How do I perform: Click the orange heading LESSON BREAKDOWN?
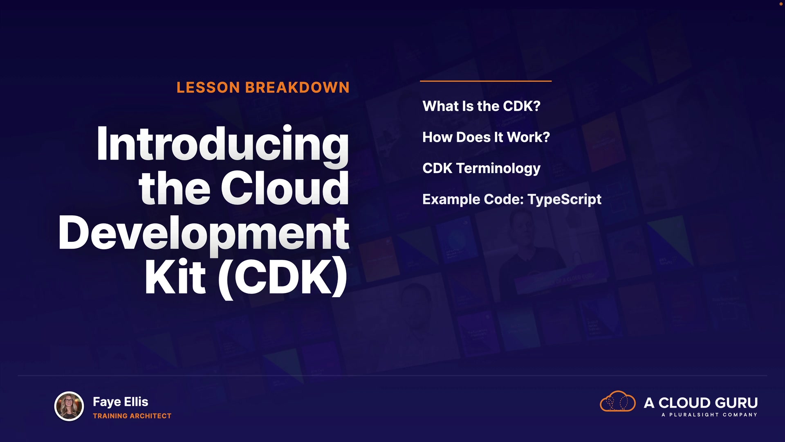(x=263, y=88)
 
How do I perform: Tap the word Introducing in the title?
(x=223, y=145)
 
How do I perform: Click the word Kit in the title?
(x=175, y=277)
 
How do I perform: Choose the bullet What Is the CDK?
(x=481, y=106)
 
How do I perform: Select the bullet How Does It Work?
(x=486, y=138)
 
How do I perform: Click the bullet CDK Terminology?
(x=481, y=169)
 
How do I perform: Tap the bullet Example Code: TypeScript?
(x=512, y=200)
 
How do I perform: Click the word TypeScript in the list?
(x=565, y=200)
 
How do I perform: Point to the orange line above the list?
(x=486, y=81)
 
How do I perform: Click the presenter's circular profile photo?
(x=69, y=406)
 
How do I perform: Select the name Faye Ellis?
(x=121, y=402)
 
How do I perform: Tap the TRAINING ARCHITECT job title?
(x=132, y=416)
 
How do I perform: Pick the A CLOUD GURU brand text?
(x=701, y=403)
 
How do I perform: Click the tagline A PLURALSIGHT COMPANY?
(x=709, y=415)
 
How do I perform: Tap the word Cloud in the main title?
(x=285, y=189)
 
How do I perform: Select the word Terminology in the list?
(x=498, y=169)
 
